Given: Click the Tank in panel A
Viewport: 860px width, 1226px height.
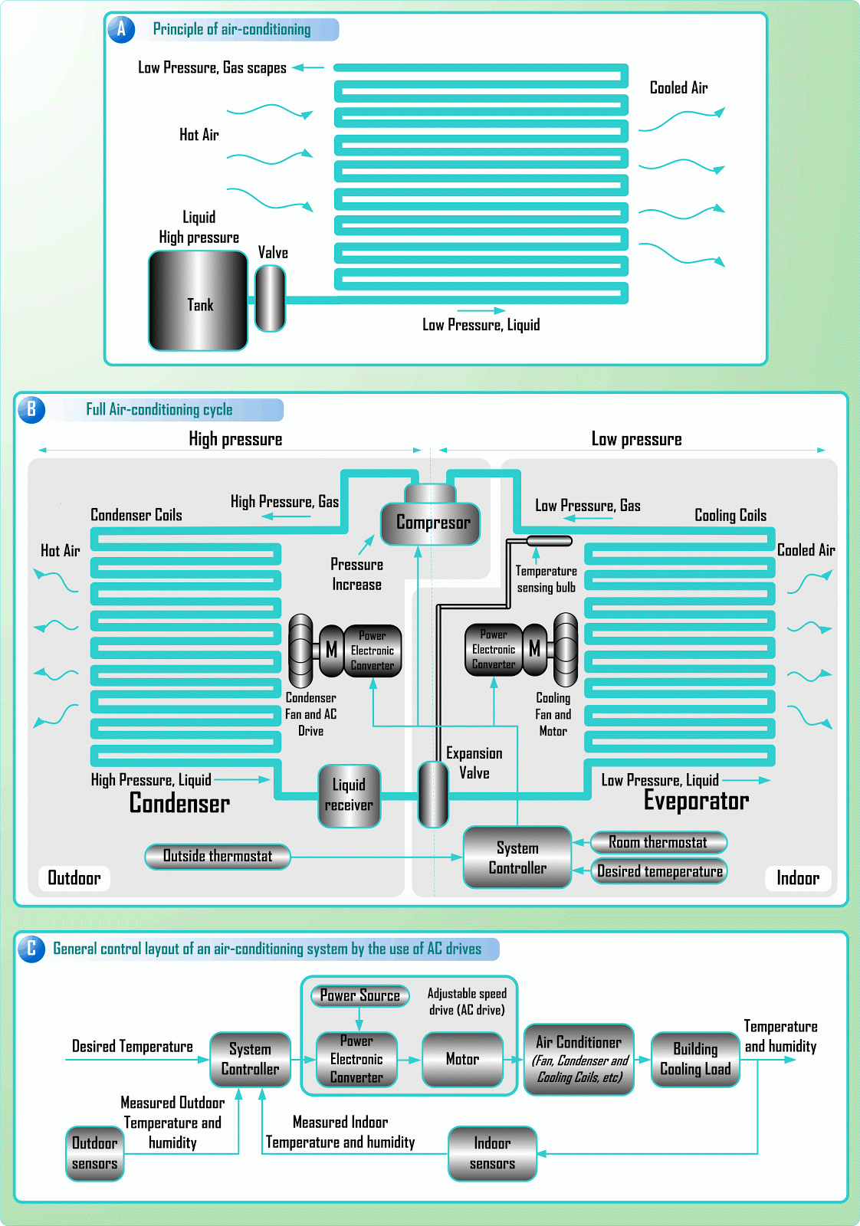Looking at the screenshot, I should click(x=198, y=300).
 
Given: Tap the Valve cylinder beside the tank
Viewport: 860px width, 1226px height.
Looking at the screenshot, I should click(x=270, y=298).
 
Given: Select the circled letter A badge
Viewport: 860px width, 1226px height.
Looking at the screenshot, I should click(x=121, y=29).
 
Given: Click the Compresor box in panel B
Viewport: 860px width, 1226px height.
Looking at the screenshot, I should click(x=431, y=523).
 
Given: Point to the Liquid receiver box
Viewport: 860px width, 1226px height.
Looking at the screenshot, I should click(x=349, y=795).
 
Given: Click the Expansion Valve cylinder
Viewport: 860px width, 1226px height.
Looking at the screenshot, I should click(x=433, y=794).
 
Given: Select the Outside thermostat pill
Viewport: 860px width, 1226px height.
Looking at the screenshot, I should click(x=218, y=856).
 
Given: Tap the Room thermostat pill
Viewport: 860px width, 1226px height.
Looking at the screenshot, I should click(x=658, y=842).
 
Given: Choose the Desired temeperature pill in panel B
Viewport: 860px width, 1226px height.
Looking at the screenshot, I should click(x=659, y=871).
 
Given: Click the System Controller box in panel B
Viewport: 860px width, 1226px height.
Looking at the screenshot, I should click(x=517, y=857).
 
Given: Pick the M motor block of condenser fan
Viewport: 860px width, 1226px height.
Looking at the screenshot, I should click(x=331, y=650).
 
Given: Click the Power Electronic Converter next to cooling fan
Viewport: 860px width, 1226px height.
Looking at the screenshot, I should click(x=494, y=650).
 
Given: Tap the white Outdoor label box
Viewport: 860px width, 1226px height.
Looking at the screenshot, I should click(x=74, y=878).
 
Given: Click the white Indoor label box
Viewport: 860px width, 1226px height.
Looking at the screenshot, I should click(x=797, y=878).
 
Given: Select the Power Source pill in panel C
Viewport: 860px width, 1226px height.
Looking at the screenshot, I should click(x=359, y=995).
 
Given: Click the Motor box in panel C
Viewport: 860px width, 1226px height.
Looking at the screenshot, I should click(x=462, y=1059).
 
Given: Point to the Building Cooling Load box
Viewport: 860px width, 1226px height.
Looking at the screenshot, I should click(x=695, y=1059).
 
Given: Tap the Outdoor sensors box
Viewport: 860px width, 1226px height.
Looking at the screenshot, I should click(x=95, y=1153).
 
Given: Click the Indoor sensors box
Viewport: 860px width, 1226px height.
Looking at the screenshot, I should click(x=492, y=1153).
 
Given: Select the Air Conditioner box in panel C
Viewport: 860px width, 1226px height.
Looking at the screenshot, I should click(x=579, y=1059).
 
